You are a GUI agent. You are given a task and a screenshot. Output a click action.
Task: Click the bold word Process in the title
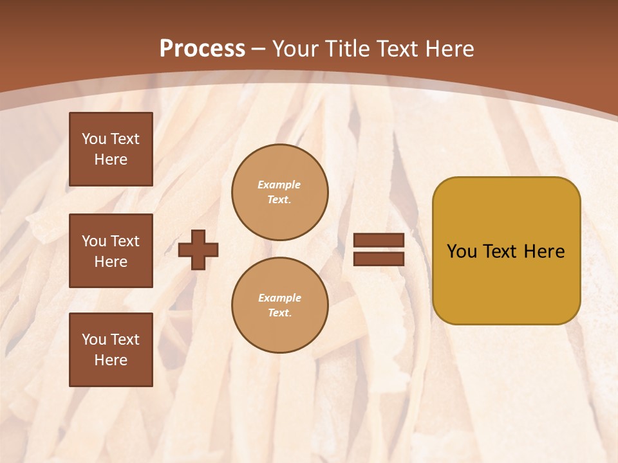(202, 49)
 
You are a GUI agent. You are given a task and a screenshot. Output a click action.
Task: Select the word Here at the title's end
(449, 49)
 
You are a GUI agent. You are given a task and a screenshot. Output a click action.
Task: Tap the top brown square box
(111, 149)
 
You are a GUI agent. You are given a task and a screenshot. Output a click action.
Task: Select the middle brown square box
(111, 251)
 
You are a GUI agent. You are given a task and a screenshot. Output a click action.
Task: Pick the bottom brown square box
(111, 350)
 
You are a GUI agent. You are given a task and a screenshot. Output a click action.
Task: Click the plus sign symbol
(198, 250)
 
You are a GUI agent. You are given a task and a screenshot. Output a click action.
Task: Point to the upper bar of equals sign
(379, 241)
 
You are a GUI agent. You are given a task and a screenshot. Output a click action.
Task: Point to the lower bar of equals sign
(379, 259)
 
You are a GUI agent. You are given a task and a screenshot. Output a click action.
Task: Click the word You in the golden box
(462, 251)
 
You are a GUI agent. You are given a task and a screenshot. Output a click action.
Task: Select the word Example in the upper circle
(279, 185)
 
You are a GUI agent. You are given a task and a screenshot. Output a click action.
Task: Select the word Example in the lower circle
(279, 298)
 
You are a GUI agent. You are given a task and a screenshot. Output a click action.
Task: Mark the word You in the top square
(94, 139)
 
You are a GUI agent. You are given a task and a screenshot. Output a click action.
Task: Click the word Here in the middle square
(111, 262)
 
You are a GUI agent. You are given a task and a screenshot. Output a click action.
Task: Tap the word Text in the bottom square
(124, 340)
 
